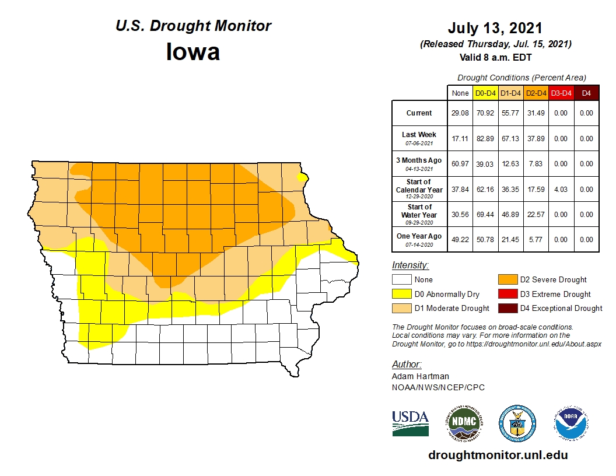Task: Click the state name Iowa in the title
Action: click(x=193, y=52)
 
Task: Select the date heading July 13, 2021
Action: click(x=495, y=28)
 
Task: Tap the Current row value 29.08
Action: click(x=460, y=113)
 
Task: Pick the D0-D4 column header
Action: click(x=485, y=93)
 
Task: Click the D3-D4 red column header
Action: click(x=561, y=93)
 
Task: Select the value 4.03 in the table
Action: click(x=561, y=190)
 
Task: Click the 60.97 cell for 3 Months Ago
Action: click(x=460, y=164)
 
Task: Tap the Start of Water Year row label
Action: click(x=419, y=214)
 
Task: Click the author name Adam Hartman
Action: click(x=420, y=377)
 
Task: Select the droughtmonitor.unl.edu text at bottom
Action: click(x=498, y=455)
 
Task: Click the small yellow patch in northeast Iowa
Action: click(x=302, y=177)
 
